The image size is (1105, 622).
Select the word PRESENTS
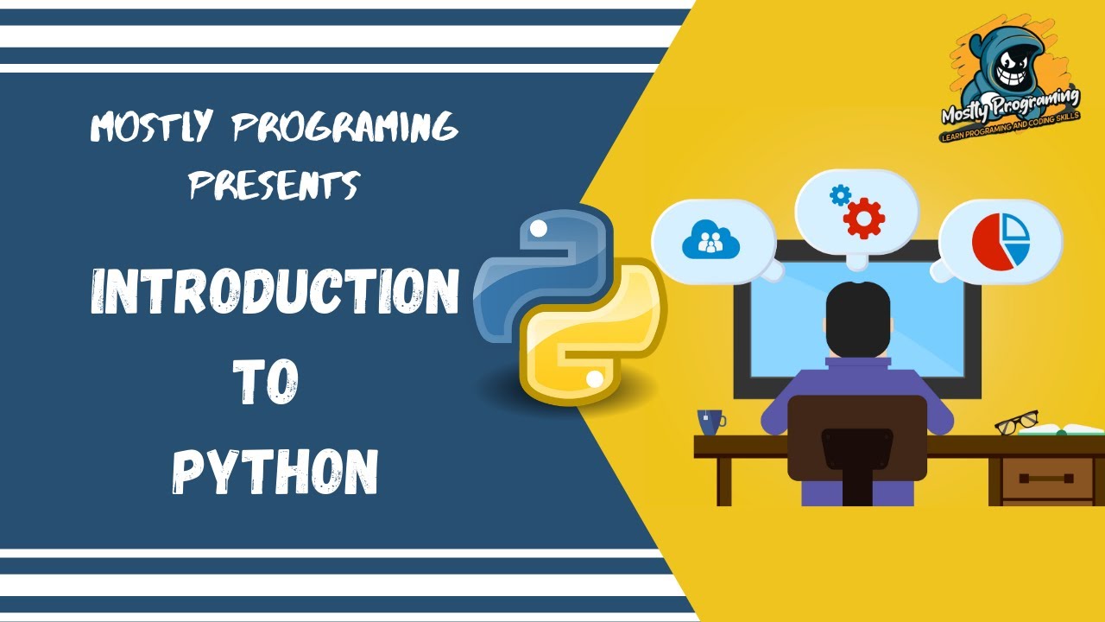point(274,184)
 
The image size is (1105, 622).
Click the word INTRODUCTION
point(275,292)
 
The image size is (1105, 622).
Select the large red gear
point(864,219)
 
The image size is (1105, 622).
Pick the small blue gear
point(839,195)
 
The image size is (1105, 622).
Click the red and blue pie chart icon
point(1001,240)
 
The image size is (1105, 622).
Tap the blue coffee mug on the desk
point(710,422)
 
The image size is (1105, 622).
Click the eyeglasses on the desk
point(1016,422)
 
